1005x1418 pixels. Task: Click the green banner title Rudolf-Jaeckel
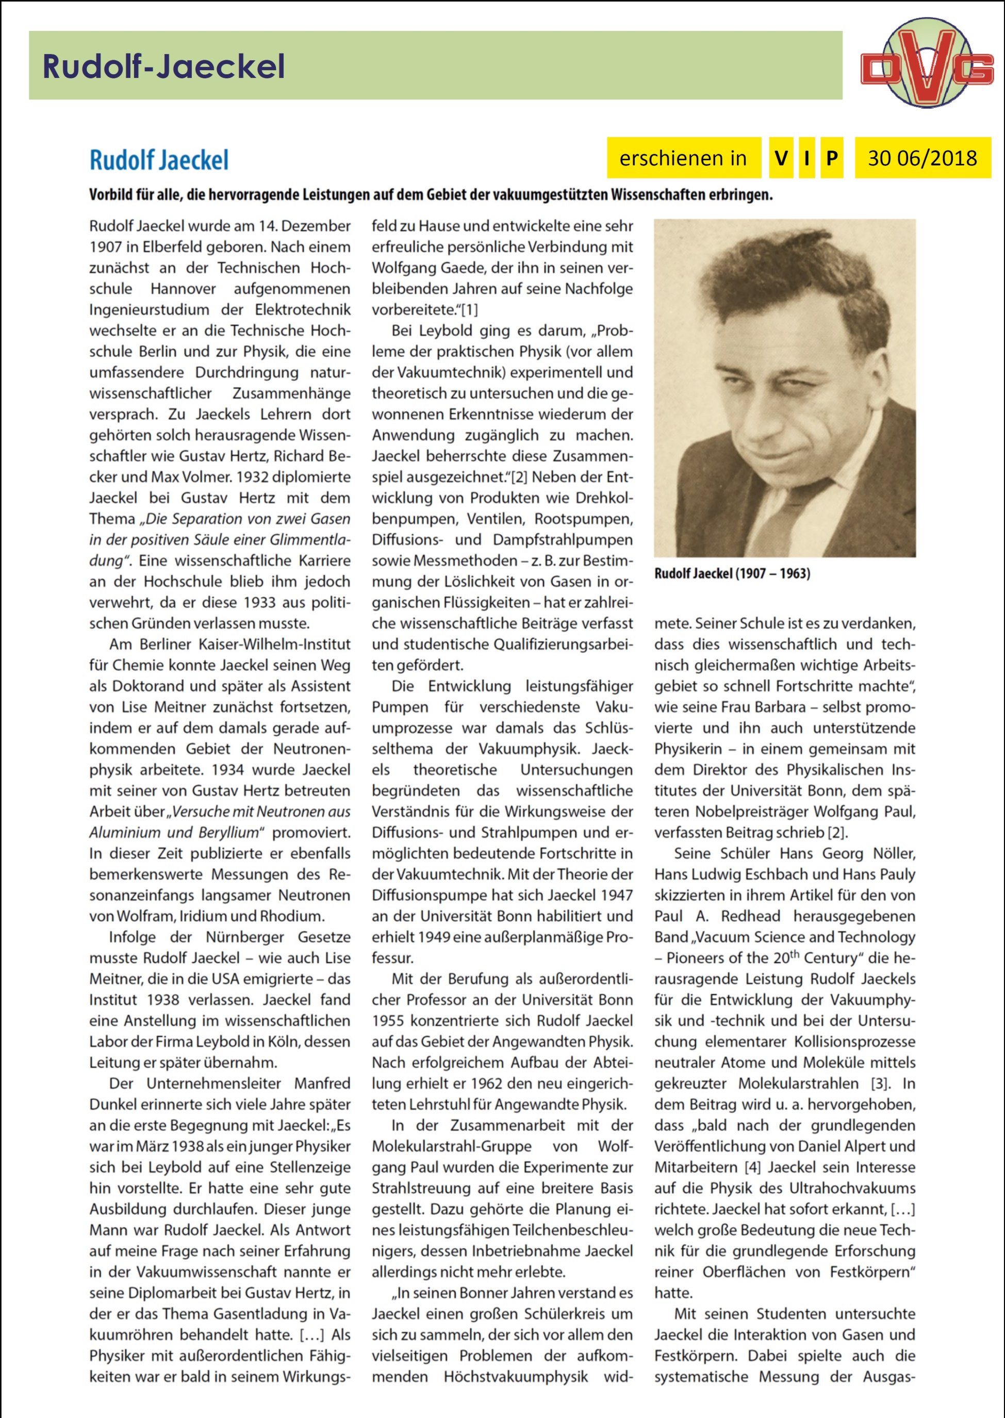click(x=163, y=66)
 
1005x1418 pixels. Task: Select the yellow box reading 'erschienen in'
click(x=683, y=158)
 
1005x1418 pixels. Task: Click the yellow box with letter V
click(x=781, y=158)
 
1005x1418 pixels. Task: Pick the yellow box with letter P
click(x=832, y=158)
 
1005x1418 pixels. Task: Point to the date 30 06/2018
click(x=922, y=158)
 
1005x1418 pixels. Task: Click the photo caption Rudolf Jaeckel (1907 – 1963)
click(x=732, y=573)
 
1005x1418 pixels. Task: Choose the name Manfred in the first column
click(x=322, y=1084)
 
